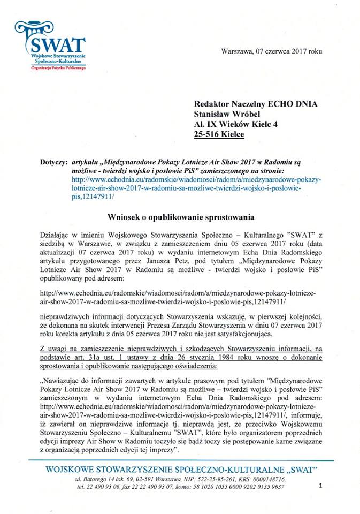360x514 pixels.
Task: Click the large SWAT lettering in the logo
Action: (x=59, y=43)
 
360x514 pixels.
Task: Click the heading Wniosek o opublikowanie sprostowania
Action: (x=180, y=216)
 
